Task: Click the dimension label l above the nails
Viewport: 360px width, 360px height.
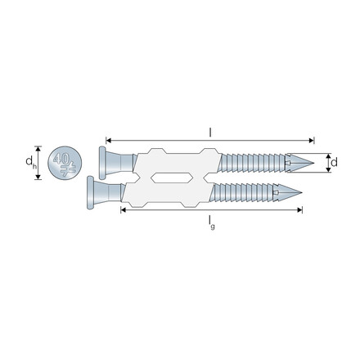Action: click(210, 131)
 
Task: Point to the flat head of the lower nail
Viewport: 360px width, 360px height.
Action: click(88, 195)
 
